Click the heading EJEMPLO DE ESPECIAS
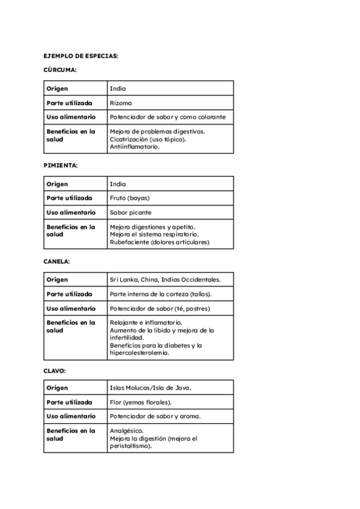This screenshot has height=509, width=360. click(x=81, y=56)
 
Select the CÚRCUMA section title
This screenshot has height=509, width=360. click(x=60, y=70)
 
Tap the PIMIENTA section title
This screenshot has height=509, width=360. click(x=61, y=165)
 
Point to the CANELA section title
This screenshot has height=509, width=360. click(x=57, y=262)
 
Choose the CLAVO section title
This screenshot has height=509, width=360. click(x=55, y=370)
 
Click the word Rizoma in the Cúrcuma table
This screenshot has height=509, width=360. click(x=121, y=103)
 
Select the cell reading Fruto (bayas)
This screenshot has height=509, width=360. click(x=130, y=198)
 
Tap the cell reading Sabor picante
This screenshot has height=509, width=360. click(x=131, y=212)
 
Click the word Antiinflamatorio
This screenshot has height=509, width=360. click(x=135, y=146)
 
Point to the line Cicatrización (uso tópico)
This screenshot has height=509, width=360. click(x=148, y=139)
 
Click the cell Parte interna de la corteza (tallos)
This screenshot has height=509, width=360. click(x=161, y=294)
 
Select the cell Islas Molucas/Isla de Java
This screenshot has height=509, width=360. click(x=151, y=387)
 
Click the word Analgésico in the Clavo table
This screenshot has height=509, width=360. click(x=127, y=431)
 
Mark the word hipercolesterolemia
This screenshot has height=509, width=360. click(x=140, y=353)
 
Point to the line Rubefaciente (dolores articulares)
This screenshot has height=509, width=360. click(x=160, y=242)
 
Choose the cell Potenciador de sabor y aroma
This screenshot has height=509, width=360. click(x=155, y=416)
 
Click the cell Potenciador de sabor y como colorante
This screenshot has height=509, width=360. click(x=168, y=117)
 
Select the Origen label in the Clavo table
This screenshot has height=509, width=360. click(x=58, y=387)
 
